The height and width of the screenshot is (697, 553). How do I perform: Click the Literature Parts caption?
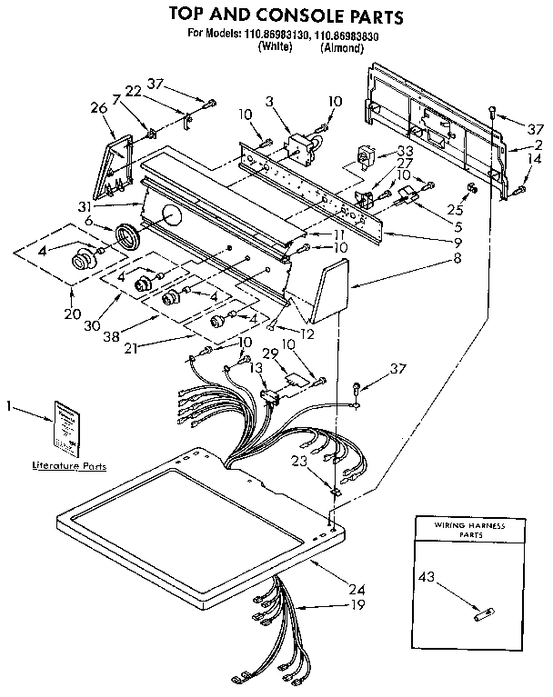69,466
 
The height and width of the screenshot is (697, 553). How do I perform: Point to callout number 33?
404,151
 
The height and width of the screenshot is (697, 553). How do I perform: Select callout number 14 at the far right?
530,158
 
